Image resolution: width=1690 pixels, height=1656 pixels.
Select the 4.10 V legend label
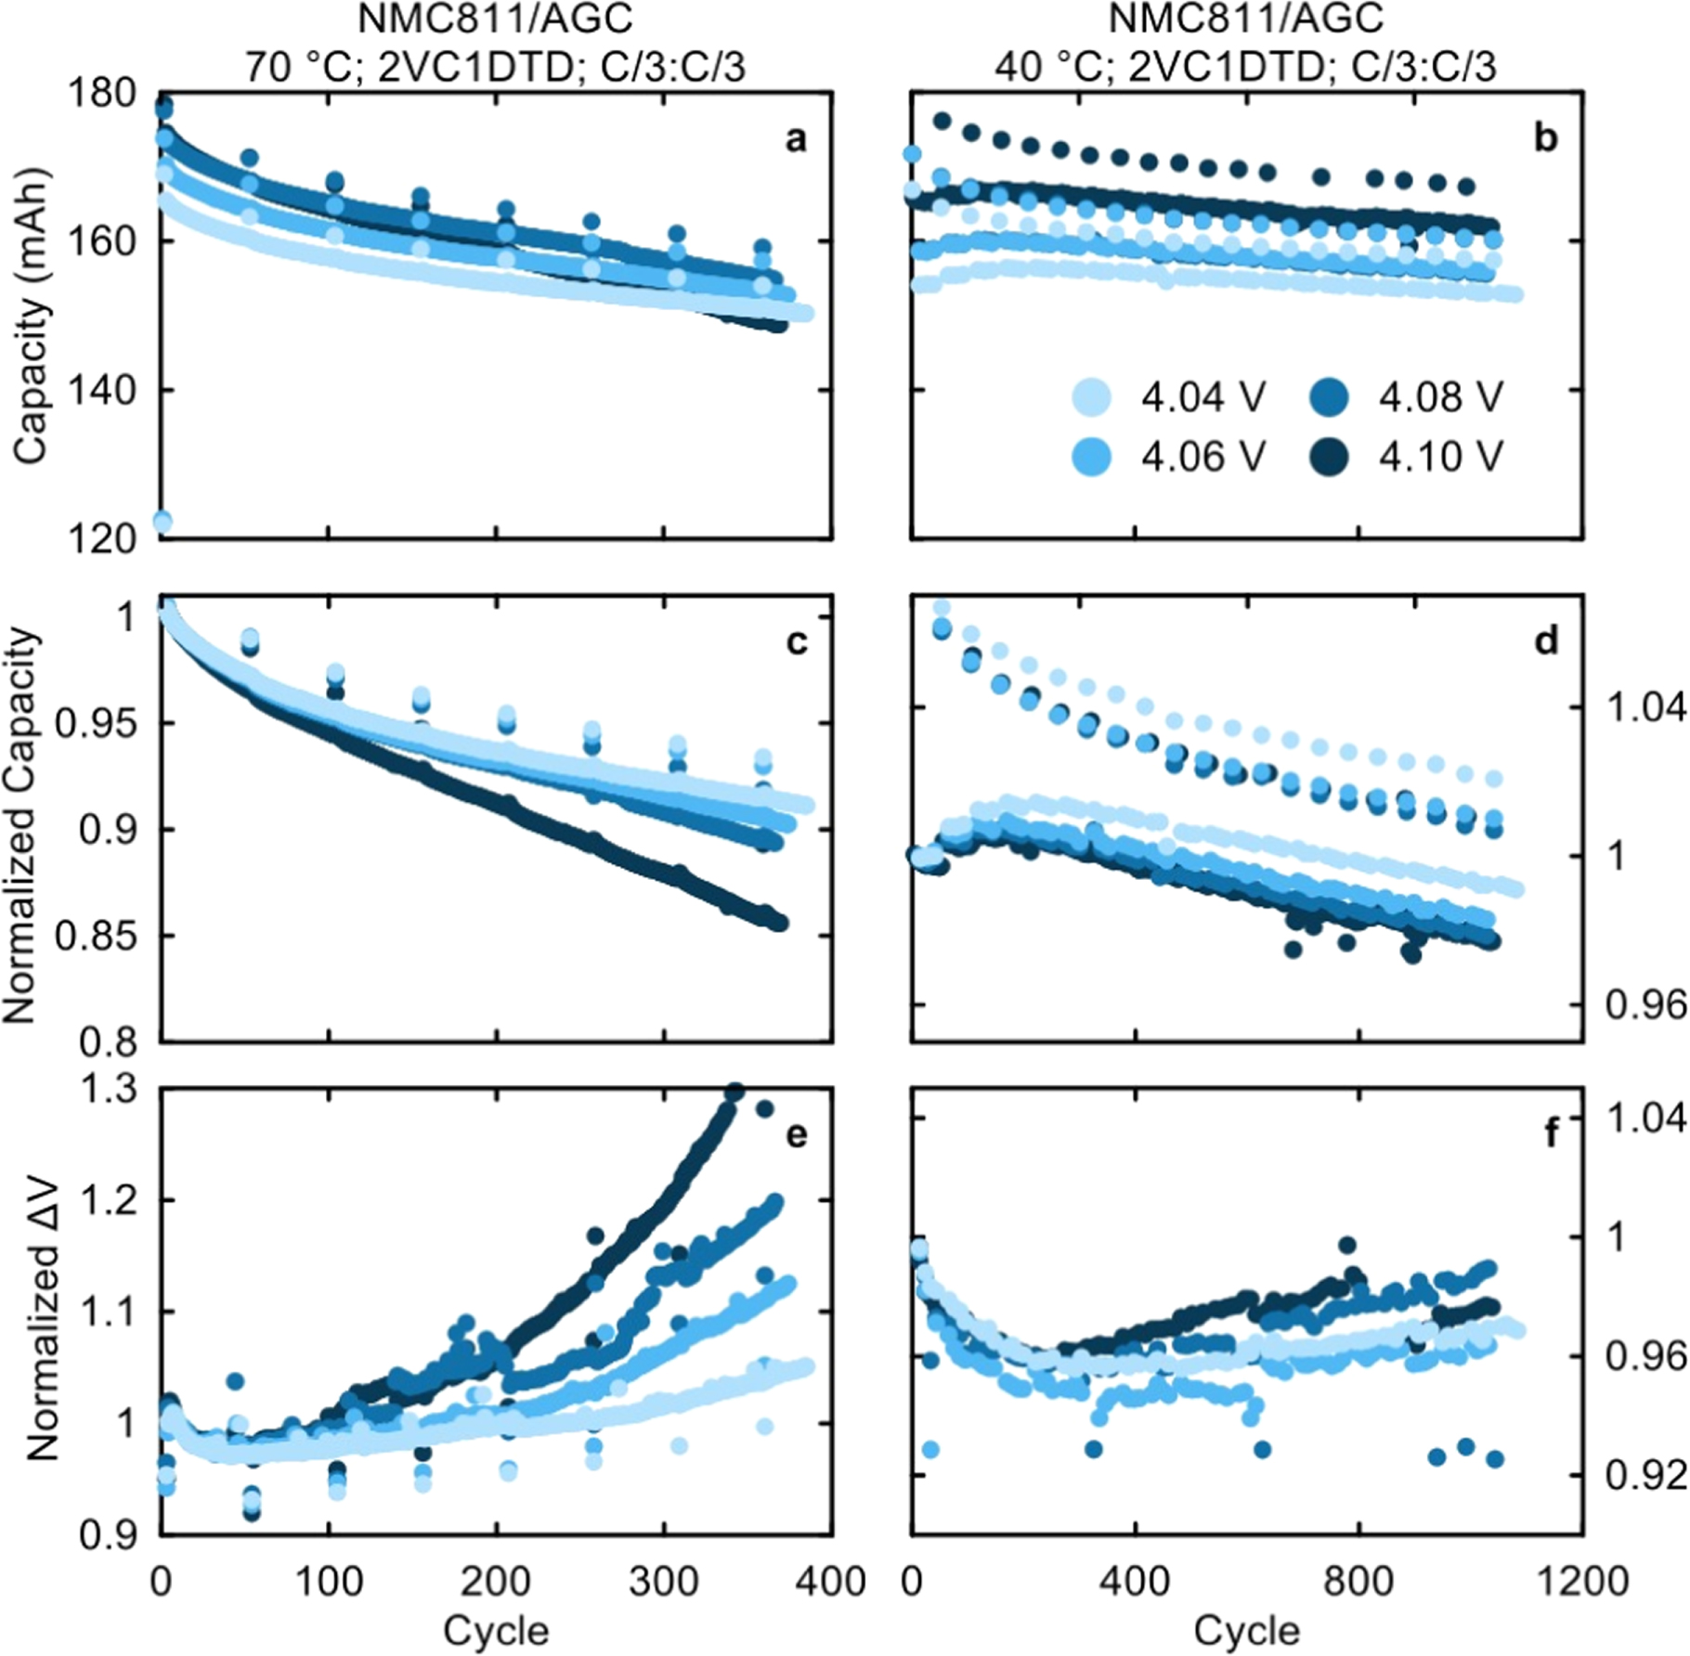point(1440,457)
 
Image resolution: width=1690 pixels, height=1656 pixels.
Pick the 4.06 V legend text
point(1202,457)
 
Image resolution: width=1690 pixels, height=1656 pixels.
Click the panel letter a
point(796,139)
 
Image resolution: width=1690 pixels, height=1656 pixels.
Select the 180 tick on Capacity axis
point(106,94)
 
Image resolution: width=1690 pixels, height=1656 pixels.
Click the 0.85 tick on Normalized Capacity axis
point(96,936)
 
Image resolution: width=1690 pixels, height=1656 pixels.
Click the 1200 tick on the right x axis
point(1582,1579)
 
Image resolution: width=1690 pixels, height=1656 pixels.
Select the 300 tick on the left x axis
point(663,1579)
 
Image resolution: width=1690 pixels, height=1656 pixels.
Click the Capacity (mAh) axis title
point(29,316)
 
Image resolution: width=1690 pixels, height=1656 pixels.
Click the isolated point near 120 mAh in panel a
point(162,521)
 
